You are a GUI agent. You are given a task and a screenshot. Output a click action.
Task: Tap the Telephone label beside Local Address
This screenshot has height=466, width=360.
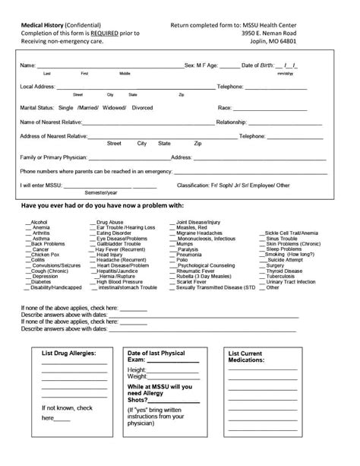(x=230, y=87)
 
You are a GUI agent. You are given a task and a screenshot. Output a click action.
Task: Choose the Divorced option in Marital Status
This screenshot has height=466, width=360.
(x=142, y=108)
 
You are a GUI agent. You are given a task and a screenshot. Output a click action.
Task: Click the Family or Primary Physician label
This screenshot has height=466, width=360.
(x=53, y=157)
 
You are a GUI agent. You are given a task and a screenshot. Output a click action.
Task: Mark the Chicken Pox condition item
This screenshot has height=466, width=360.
(x=45, y=255)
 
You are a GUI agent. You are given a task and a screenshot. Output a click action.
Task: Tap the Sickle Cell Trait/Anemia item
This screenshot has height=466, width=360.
(x=292, y=233)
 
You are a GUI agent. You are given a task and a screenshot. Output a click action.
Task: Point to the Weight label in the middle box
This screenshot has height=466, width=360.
(x=137, y=376)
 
